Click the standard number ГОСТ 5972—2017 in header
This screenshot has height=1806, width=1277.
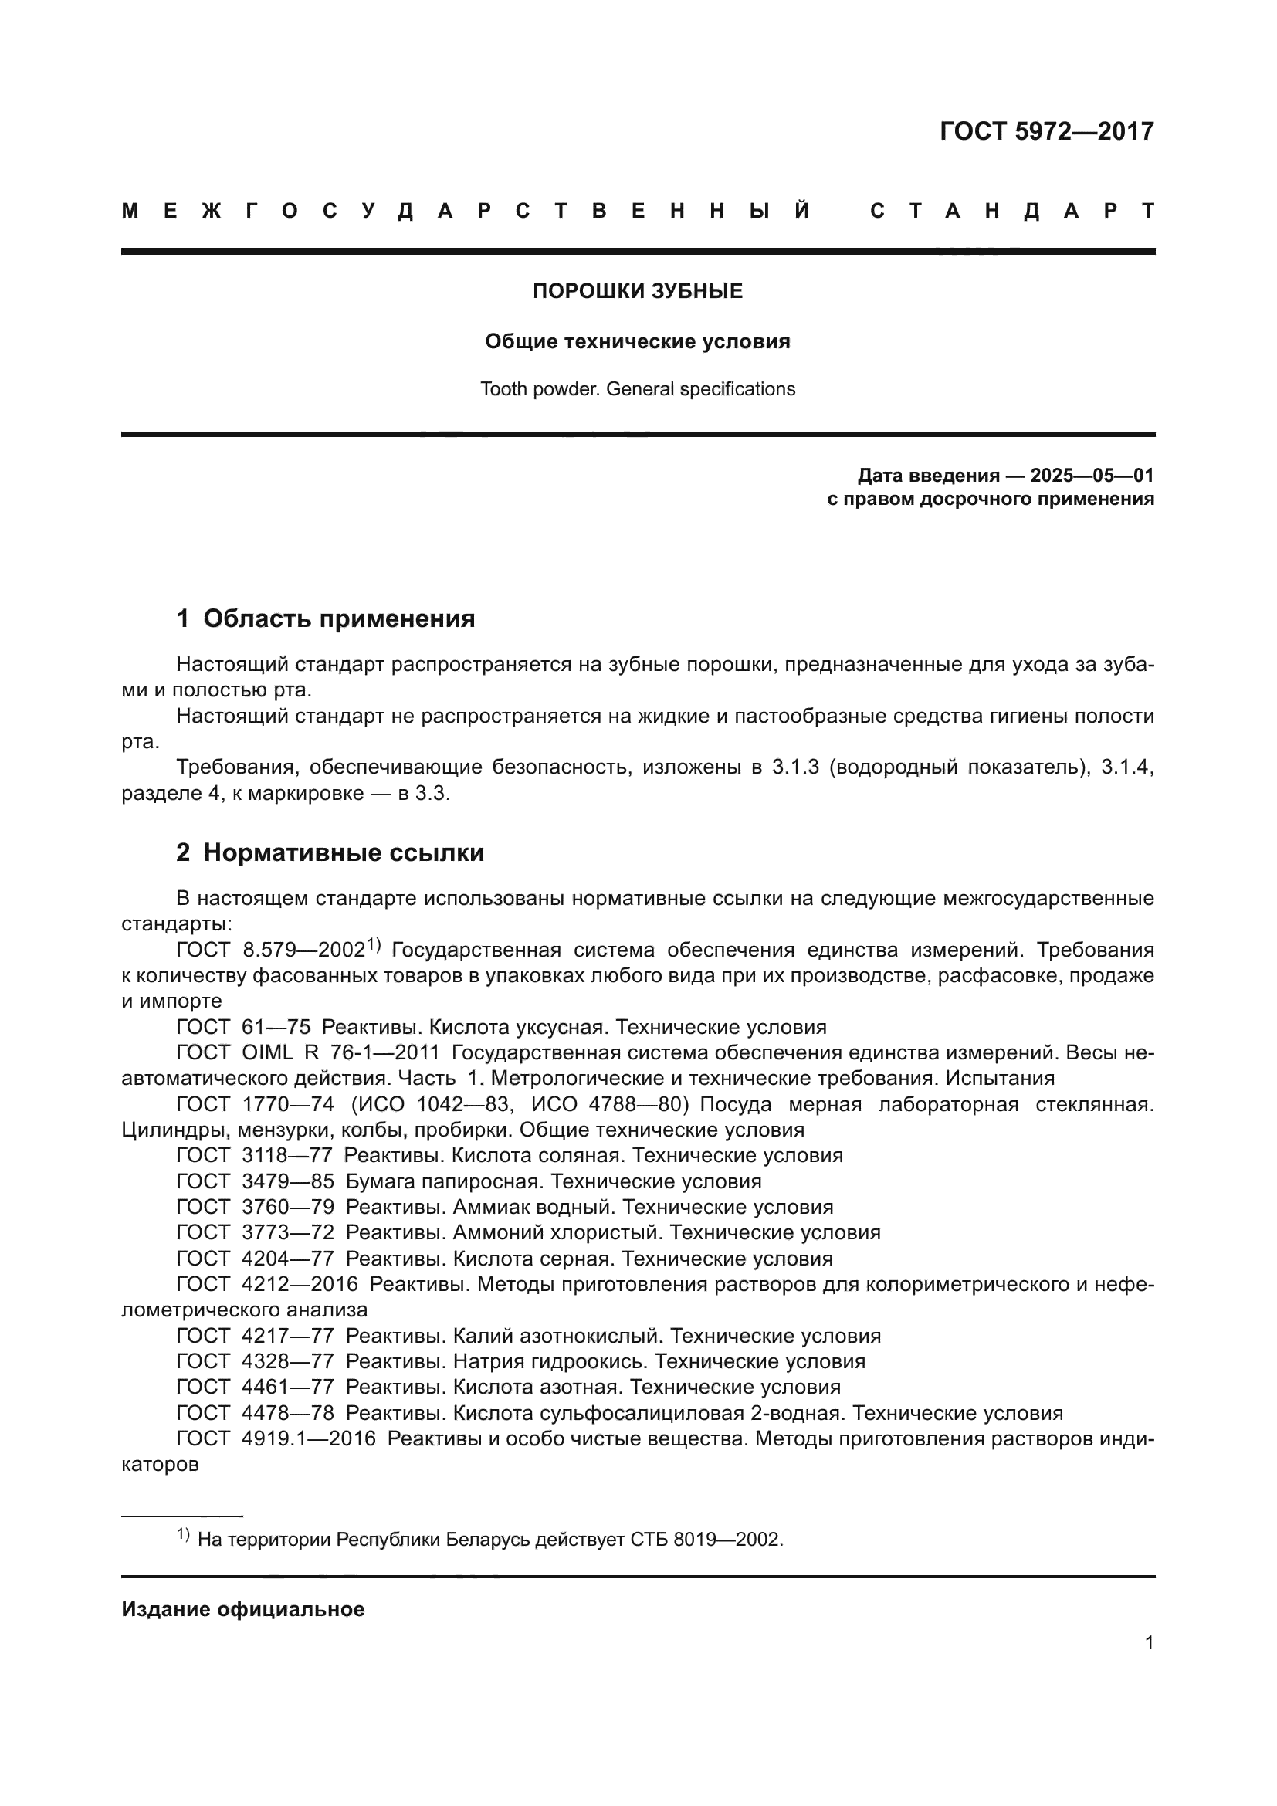pyautogui.click(x=1046, y=131)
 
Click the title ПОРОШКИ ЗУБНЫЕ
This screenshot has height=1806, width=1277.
pyautogui.click(x=638, y=292)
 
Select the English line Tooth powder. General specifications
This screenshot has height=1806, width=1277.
pyautogui.click(x=638, y=389)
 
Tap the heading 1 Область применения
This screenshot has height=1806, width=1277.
pyautogui.click(x=326, y=619)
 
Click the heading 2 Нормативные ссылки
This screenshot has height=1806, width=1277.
pyautogui.click(x=330, y=852)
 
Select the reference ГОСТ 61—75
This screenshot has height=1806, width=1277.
pyautogui.click(x=243, y=1027)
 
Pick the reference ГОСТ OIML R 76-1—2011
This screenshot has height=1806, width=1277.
pyautogui.click(x=307, y=1053)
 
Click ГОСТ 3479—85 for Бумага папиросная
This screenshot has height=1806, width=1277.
pyautogui.click(x=255, y=1181)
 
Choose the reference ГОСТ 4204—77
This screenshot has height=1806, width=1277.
pyautogui.click(x=255, y=1259)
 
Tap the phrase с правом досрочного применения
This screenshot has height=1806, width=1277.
pyautogui.click(x=990, y=499)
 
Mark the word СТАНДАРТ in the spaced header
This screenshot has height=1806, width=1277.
pyautogui.click(x=1012, y=211)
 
